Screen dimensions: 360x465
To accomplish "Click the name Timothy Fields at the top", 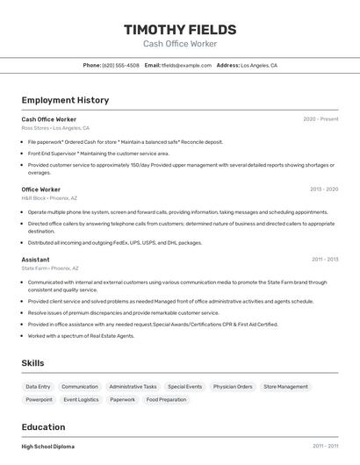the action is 180,28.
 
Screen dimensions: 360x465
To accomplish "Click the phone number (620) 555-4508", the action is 120,65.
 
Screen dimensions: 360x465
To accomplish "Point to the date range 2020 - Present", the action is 320,119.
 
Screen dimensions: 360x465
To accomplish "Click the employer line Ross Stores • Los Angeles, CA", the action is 55,128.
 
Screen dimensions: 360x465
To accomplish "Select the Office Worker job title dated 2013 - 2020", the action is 41,190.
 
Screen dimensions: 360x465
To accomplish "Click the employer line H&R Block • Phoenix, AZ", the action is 49,198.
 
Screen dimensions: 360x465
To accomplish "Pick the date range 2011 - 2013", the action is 325,260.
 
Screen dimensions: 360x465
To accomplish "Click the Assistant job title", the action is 35,260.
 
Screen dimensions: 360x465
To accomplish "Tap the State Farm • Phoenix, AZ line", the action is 50,268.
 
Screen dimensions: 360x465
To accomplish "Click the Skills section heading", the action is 32,363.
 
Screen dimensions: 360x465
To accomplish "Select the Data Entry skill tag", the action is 38,386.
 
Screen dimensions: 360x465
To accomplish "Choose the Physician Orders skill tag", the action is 233,386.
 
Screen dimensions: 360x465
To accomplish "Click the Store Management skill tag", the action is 285,386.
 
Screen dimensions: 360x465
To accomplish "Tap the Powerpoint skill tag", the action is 39,399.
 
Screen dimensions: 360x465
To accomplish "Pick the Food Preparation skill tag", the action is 166,399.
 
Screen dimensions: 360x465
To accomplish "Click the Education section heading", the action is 43,427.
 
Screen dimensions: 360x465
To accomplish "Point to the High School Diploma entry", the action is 48,447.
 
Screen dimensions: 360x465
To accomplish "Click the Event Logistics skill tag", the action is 81,399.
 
